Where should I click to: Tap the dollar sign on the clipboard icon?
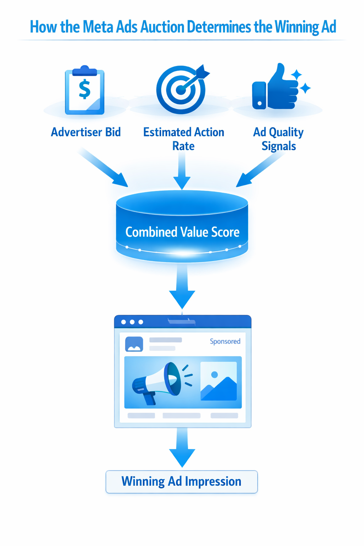85,89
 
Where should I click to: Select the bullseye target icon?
181,90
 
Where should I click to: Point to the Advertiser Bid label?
86,132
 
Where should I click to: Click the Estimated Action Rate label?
183,139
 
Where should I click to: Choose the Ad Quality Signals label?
278,139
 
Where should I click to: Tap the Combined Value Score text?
182,232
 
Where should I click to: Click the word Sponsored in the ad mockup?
225,341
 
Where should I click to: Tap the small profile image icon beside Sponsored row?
134,344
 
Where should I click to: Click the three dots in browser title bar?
132,322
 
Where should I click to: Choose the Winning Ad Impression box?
182,482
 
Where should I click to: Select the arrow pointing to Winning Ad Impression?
182,448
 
